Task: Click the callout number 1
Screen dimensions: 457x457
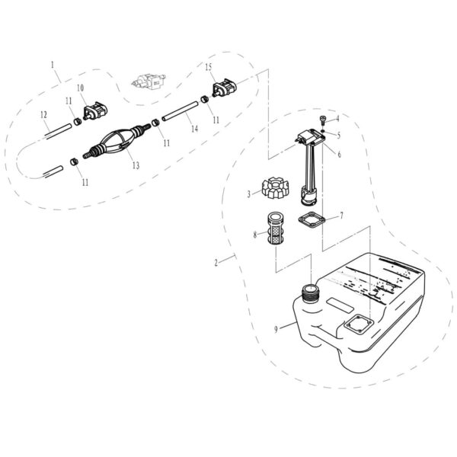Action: (53, 66)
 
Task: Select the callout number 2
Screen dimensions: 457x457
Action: (217, 263)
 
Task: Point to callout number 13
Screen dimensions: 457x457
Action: (135, 165)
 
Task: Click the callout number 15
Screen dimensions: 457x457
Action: (209, 67)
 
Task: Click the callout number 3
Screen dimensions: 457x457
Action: (249, 194)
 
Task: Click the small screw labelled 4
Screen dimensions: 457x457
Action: (322, 119)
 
